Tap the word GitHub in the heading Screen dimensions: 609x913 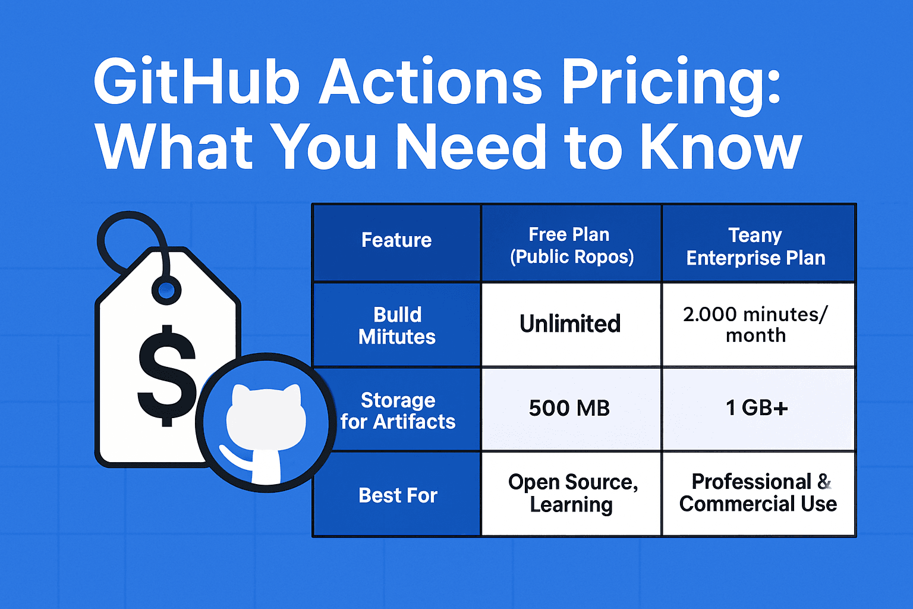pyautogui.click(x=196, y=81)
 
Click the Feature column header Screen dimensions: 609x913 pyautogui.click(x=396, y=240)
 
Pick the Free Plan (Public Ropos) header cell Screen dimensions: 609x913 pyautogui.click(x=571, y=245)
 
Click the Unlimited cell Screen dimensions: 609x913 pyautogui.click(x=570, y=324)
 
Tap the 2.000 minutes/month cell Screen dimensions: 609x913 pyautogui.click(x=755, y=324)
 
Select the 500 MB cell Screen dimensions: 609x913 pyautogui.click(x=569, y=408)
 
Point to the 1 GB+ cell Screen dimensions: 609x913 pyautogui.click(x=757, y=408)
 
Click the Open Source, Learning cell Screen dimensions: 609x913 pyautogui.click(x=572, y=493)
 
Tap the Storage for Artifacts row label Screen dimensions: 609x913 pyautogui.click(x=398, y=410)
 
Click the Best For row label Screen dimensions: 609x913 pyautogui.click(x=398, y=495)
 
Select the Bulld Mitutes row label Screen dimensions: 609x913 pyautogui.click(x=397, y=325)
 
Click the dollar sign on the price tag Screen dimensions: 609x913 pyautogui.click(x=166, y=376)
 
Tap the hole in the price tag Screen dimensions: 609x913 pyautogui.click(x=166, y=291)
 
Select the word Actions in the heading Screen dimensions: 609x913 pyautogui.click(x=430, y=81)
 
